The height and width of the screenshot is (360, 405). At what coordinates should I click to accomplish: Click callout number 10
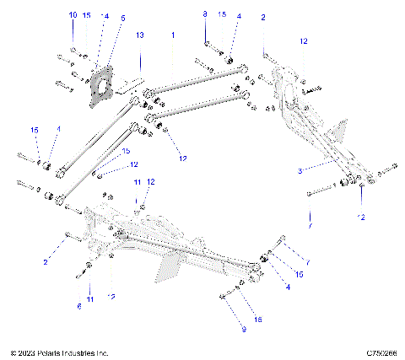[72, 15]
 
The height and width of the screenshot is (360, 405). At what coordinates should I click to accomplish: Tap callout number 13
[140, 35]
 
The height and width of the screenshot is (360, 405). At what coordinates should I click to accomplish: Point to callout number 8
[205, 15]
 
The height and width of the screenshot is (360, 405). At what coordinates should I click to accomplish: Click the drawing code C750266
[381, 352]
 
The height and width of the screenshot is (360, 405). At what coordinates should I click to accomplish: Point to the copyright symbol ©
[13, 352]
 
